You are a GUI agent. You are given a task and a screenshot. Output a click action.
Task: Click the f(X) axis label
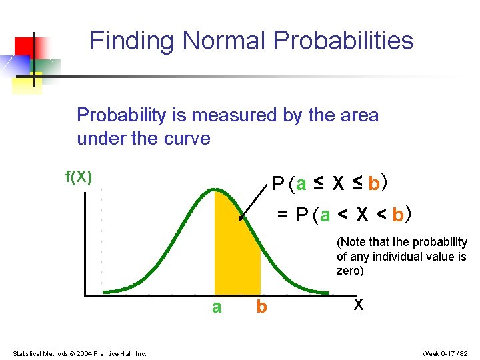(78, 177)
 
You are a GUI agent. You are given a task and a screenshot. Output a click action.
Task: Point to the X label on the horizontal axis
(359, 305)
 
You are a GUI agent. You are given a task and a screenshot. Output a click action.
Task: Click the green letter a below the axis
(216, 307)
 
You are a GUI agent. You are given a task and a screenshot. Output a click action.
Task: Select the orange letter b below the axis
(261, 307)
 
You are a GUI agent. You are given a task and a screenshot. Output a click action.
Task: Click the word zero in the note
(349, 271)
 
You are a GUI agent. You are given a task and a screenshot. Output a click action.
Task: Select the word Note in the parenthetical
(353, 242)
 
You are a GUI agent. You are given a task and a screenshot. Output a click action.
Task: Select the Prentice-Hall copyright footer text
(79, 353)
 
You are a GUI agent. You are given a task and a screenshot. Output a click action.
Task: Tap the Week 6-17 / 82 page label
(446, 353)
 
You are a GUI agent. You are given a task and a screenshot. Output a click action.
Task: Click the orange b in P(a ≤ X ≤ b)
(374, 183)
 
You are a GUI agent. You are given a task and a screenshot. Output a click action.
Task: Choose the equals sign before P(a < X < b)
(283, 215)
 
